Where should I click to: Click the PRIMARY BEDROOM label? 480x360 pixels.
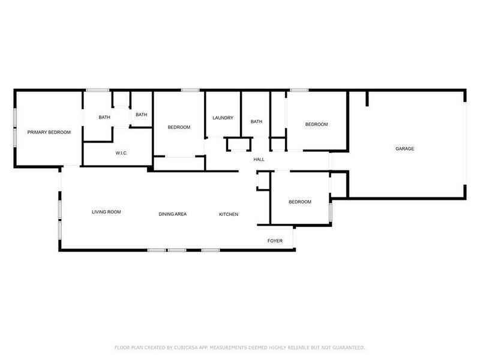coord(49,133)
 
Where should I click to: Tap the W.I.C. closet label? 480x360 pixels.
coord(122,154)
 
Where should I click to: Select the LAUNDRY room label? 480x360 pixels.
coord(223,118)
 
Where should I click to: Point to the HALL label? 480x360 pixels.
coord(259,160)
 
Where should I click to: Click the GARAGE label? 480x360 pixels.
coord(404,149)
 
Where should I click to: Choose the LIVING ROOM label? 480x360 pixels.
coord(107,212)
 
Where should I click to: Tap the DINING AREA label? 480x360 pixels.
coord(173,214)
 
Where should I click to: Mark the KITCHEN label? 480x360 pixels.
coord(229,214)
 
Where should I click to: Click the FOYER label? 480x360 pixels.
coord(275,241)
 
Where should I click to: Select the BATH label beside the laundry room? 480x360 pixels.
coord(256,122)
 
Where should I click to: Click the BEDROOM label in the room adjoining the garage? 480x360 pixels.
coord(317,125)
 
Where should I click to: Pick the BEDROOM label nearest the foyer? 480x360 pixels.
coord(300,202)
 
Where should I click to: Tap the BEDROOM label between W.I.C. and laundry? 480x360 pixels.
coord(179,127)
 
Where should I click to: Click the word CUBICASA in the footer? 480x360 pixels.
coord(180,347)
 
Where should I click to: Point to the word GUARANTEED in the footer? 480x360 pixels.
coord(347,347)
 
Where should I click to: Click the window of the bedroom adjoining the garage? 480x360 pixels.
coord(299,91)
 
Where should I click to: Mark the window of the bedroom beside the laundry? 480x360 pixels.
coord(190,91)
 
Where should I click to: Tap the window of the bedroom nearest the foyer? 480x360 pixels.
coord(330,213)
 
